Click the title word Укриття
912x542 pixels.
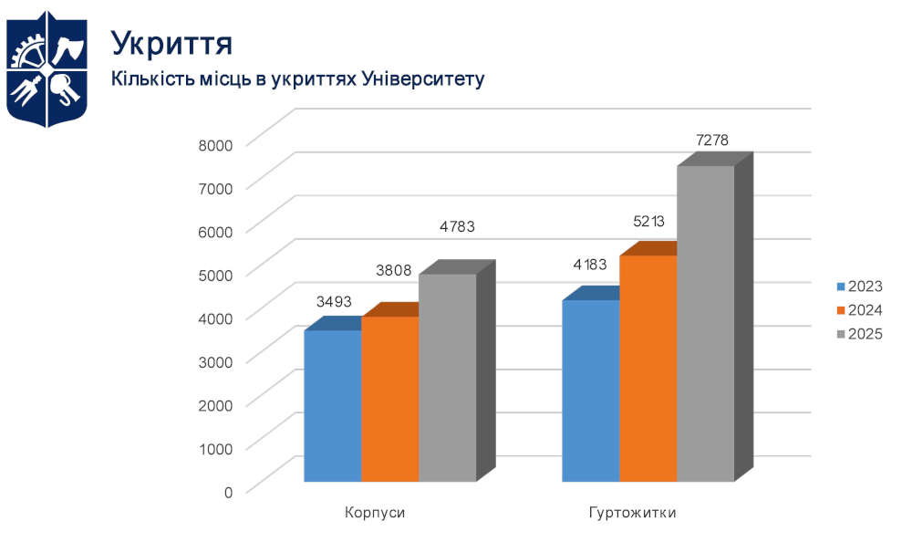pyautogui.click(x=171, y=42)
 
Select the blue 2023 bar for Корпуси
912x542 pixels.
pyautogui.click(x=333, y=405)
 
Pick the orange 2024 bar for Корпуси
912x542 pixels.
pyautogui.click(x=390, y=399)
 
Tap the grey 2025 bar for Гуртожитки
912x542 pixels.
pyautogui.click(x=705, y=323)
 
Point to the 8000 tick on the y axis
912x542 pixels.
pyautogui.click(x=216, y=143)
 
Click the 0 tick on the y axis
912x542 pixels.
pyautogui.click(x=228, y=491)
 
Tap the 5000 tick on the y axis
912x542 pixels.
pyautogui.click(x=216, y=274)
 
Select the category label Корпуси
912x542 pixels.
pyautogui.click(x=375, y=513)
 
